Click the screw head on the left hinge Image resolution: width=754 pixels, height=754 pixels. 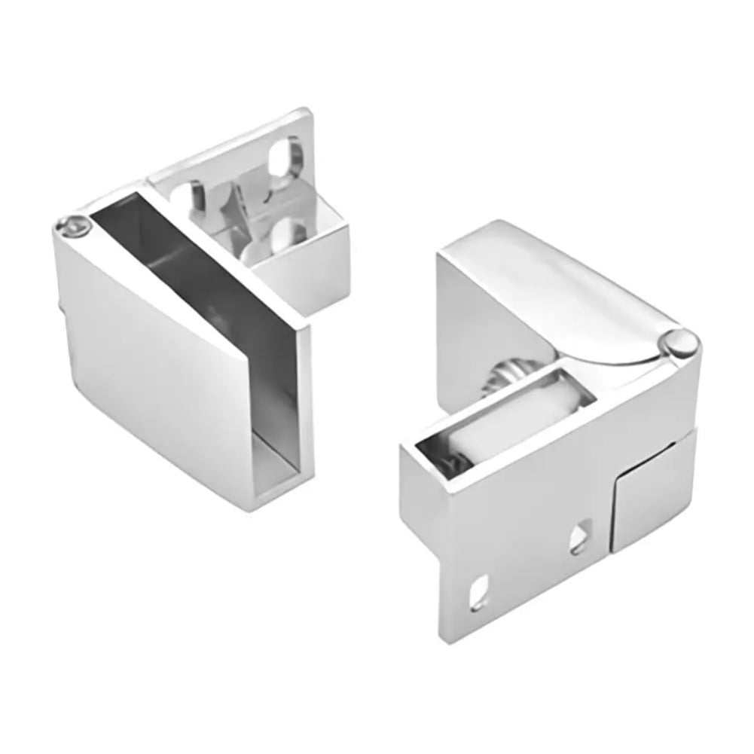71,223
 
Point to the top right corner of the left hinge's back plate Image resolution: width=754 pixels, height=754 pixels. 310,115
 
